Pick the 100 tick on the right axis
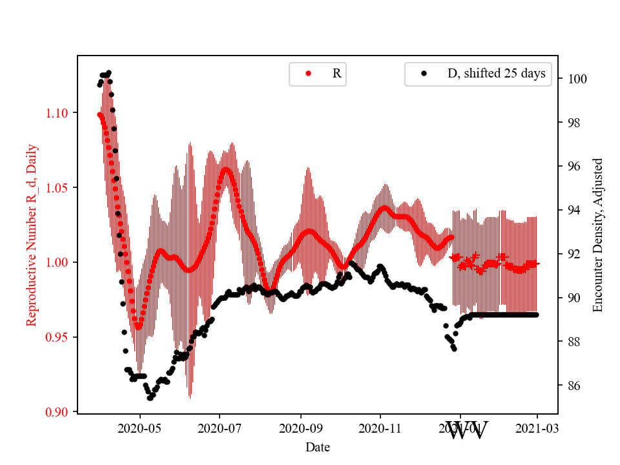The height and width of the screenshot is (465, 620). (576, 79)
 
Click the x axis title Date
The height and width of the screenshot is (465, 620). (318, 446)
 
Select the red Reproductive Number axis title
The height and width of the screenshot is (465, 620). (32, 235)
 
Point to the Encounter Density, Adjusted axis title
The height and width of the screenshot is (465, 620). (598, 235)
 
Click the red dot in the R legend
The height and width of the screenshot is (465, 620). (308, 74)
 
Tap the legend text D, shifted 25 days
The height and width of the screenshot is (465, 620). (496, 74)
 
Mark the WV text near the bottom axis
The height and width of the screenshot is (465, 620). (466, 430)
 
